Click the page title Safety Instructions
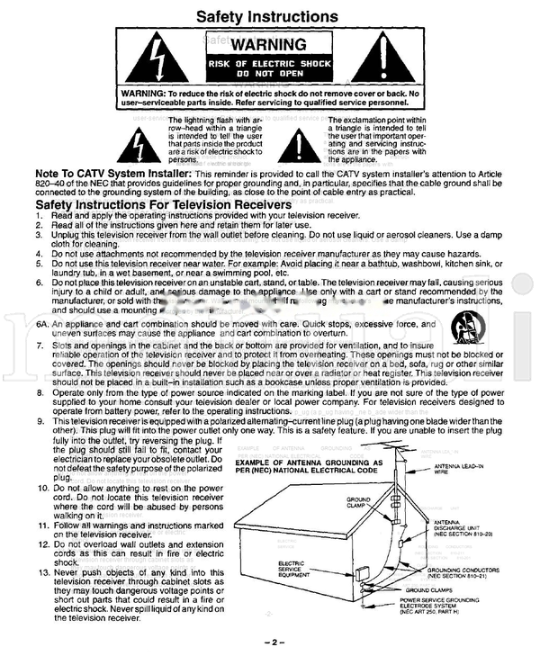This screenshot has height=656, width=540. pyautogui.click(x=267, y=16)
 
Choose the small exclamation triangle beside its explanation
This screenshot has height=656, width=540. pyautogui.click(x=302, y=141)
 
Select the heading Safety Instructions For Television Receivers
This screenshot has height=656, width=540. pyautogui.click(x=163, y=205)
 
